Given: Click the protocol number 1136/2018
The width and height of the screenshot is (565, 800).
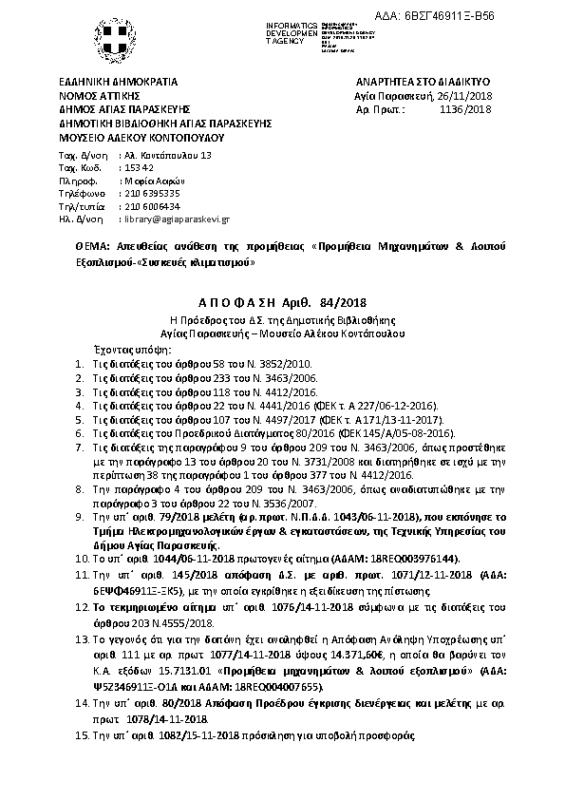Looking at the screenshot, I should [465, 110].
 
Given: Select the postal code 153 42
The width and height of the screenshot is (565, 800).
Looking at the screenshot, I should [139, 167].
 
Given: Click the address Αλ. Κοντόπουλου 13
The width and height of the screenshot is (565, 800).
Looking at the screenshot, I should [169, 155].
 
